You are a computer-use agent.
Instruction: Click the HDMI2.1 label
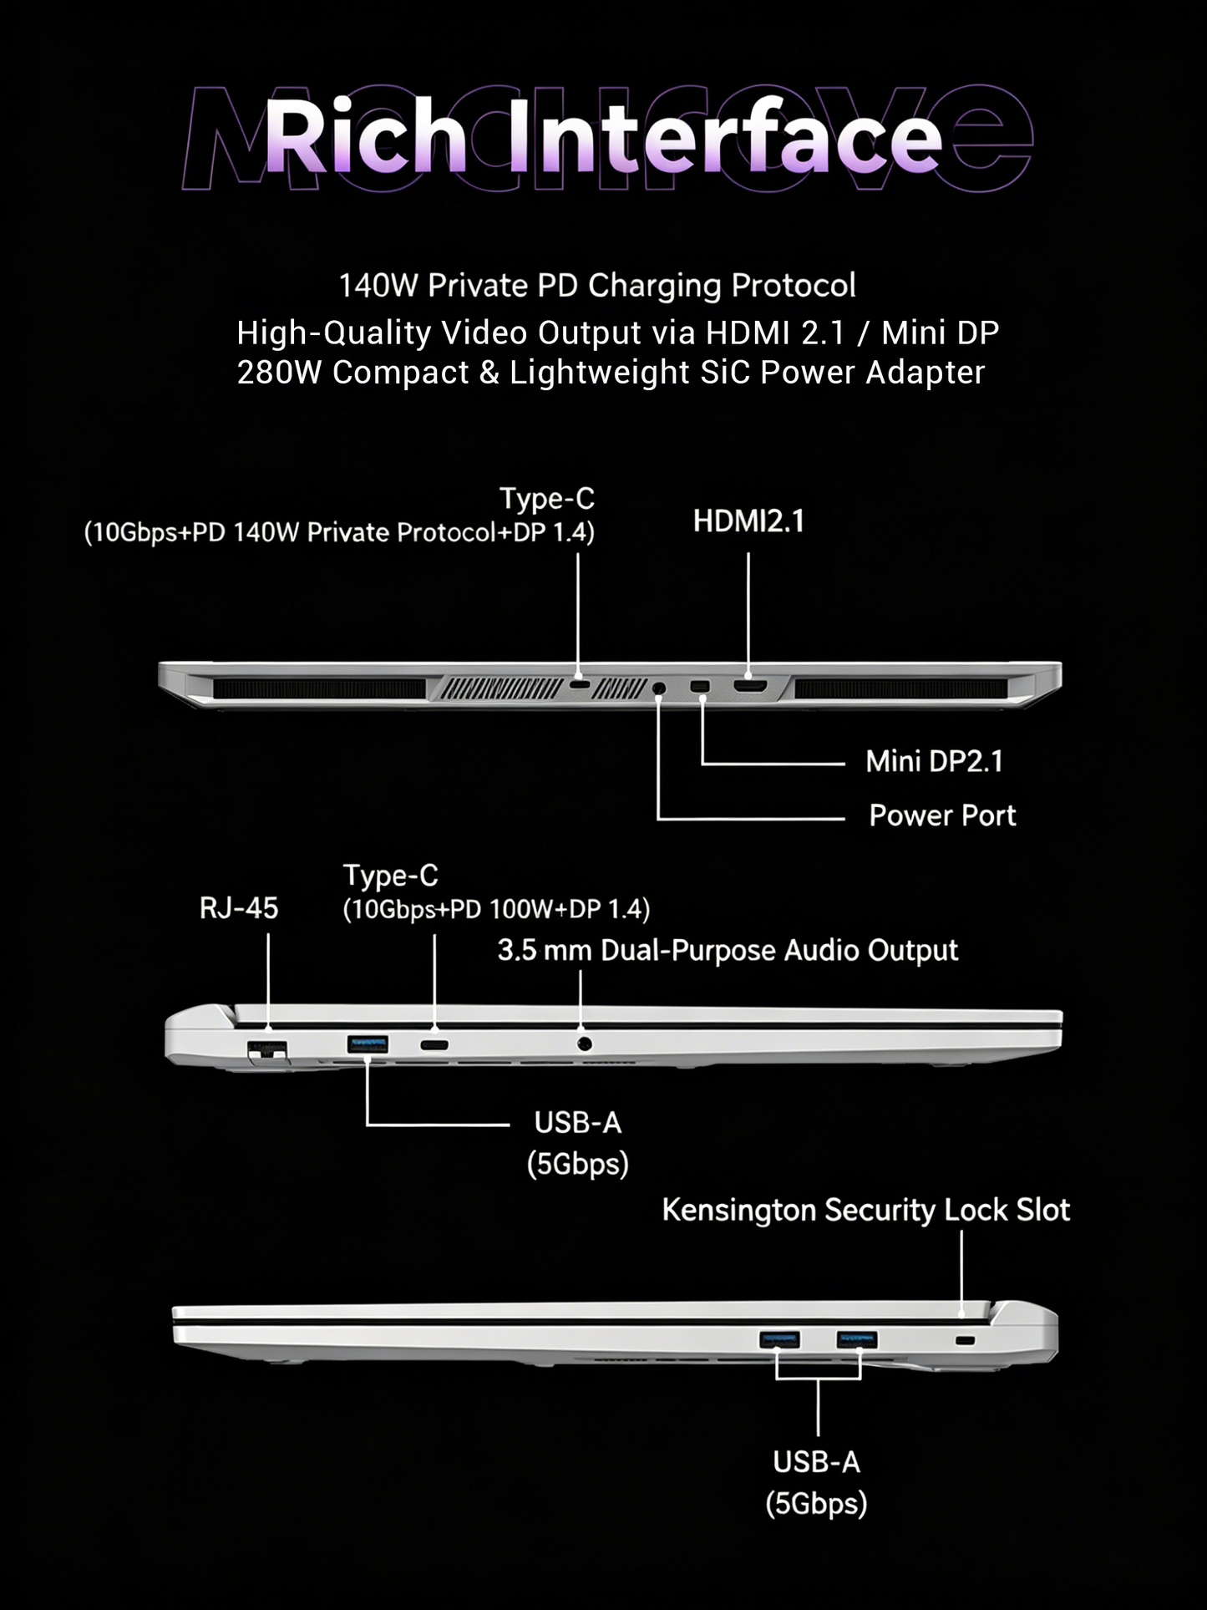(748, 521)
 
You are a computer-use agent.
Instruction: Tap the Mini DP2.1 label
(934, 761)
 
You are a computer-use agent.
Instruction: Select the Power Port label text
(942, 815)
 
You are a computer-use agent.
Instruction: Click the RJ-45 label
(239, 908)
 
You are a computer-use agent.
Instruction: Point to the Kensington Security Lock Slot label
(866, 1211)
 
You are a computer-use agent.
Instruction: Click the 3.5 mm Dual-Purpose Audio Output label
(728, 951)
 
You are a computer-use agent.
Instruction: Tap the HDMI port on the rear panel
(750, 687)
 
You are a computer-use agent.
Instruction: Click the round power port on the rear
(659, 688)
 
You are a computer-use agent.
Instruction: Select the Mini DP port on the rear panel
(700, 687)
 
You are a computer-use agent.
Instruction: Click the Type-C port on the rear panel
(580, 685)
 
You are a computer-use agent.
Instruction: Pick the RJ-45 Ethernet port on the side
(267, 1051)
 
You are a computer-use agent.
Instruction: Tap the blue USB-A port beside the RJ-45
(368, 1044)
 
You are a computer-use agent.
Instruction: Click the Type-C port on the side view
(434, 1044)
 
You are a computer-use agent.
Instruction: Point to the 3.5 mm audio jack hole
(585, 1044)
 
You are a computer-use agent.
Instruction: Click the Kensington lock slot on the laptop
(965, 1340)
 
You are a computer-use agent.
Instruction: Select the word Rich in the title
(364, 137)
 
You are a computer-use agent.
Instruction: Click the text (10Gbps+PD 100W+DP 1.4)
(496, 909)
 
